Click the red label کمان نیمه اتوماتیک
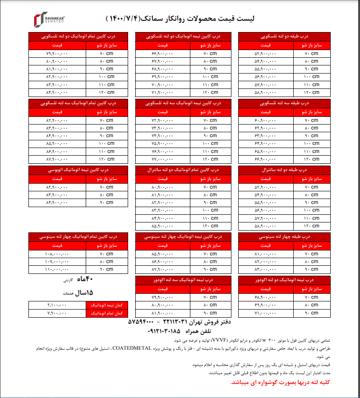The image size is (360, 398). [107, 305]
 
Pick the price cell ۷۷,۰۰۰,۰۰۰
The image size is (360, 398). [163, 159]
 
